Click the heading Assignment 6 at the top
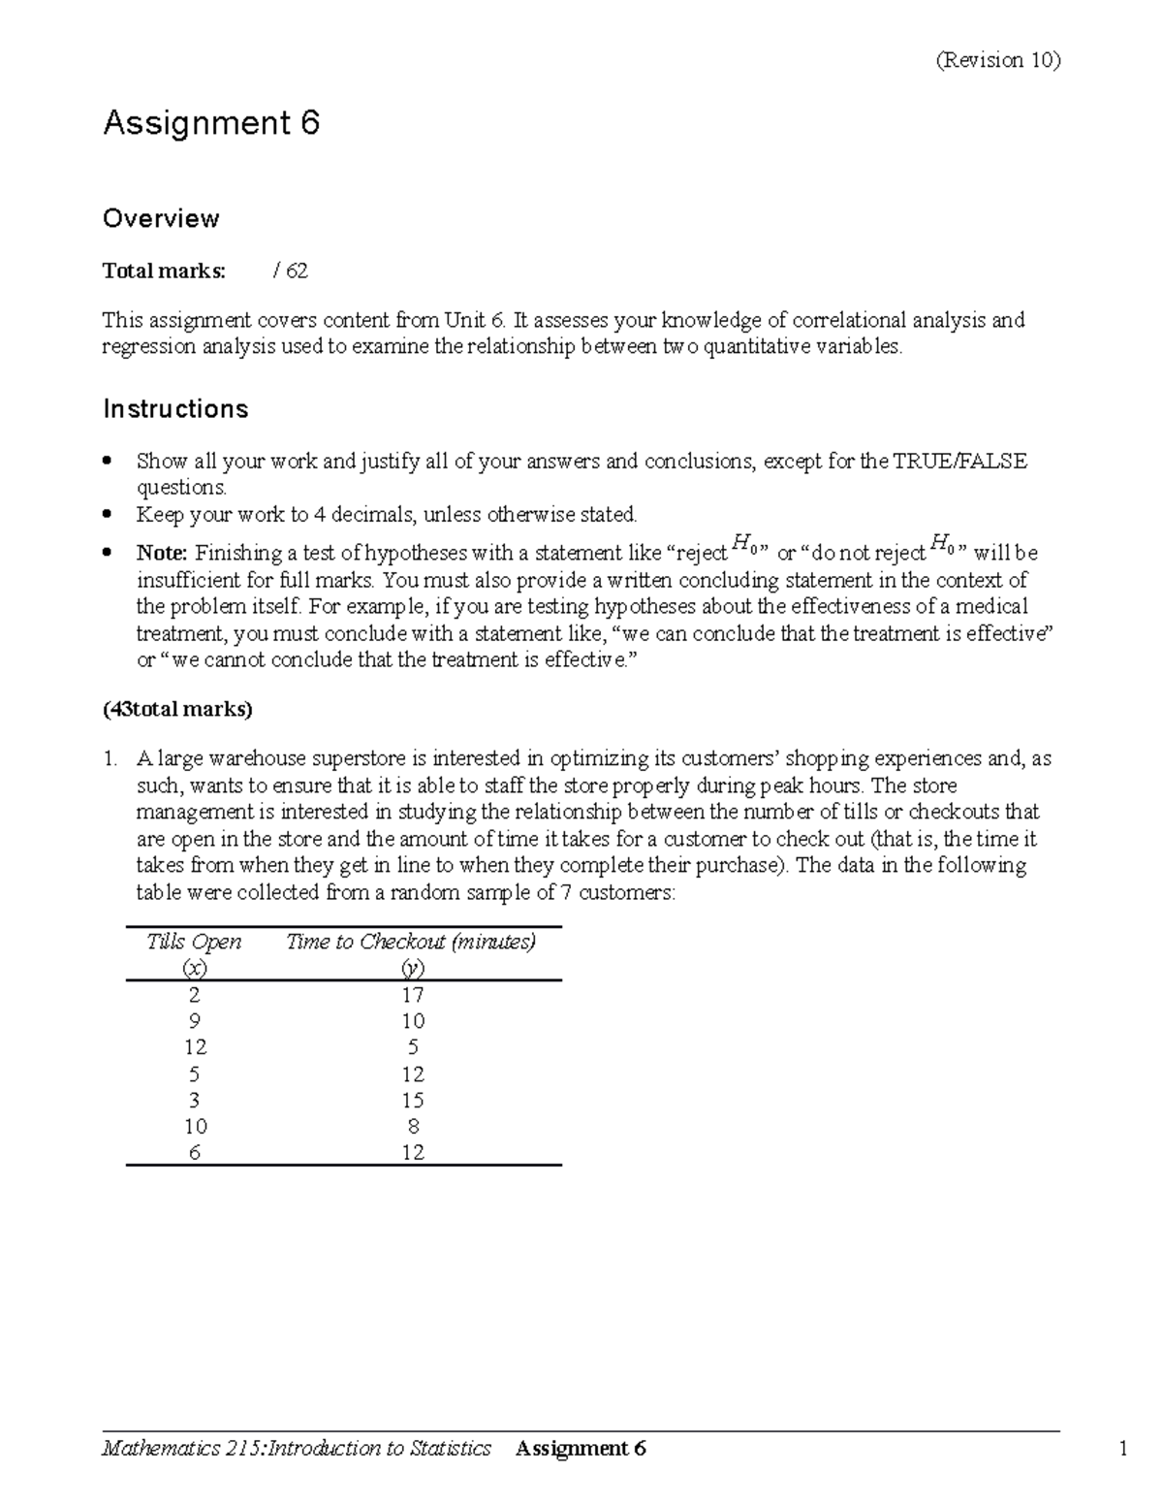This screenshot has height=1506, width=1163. pyautogui.click(x=211, y=123)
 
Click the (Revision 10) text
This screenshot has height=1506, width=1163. pyautogui.click(x=997, y=60)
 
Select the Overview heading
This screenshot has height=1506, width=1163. pyautogui.click(x=161, y=218)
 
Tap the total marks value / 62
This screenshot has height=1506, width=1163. pyautogui.click(x=291, y=271)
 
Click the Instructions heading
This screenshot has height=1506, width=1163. pyautogui.click(x=175, y=409)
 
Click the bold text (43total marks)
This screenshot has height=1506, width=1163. pyautogui.click(x=177, y=709)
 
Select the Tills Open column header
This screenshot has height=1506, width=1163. pyautogui.click(x=194, y=942)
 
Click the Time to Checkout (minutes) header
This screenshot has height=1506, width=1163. pyautogui.click(x=411, y=942)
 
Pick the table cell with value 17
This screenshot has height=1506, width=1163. pyautogui.click(x=413, y=995)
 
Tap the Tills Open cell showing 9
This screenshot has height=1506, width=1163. pyautogui.click(x=196, y=1021)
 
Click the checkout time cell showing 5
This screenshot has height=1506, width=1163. pyautogui.click(x=413, y=1047)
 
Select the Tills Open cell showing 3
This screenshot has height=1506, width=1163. pyautogui.click(x=196, y=1100)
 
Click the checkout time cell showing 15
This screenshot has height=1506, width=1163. pyautogui.click(x=413, y=1100)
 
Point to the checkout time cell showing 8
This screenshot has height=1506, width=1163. pyautogui.click(x=413, y=1126)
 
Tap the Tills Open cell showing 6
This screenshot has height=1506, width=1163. pyautogui.click(x=196, y=1153)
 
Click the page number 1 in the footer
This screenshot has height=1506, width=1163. pyautogui.click(x=1123, y=1449)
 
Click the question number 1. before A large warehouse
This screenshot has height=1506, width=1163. pyautogui.click(x=110, y=759)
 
